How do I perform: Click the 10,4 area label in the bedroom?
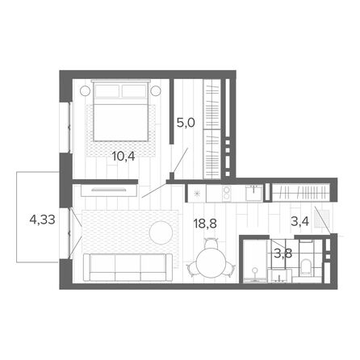coord(123,156)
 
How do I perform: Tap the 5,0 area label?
coord(186,123)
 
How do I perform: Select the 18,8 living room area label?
coord(205,224)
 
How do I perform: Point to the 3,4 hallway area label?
coord(299,221)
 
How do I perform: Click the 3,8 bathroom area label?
coord(283,253)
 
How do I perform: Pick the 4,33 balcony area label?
coord(43,220)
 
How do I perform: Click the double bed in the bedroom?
coord(121,111)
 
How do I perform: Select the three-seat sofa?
coord(128,268)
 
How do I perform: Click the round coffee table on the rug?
coord(161,232)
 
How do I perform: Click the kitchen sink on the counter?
coord(254,193)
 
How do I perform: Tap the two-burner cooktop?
coord(227,193)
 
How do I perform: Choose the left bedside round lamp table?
coord(85,91)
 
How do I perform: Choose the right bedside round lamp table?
coord(156,90)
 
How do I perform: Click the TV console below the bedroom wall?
coord(108,190)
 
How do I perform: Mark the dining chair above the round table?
coord(211,243)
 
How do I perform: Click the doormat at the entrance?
coord(322,219)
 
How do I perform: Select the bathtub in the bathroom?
coord(255,261)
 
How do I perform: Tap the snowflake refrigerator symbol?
coord(197,193)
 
